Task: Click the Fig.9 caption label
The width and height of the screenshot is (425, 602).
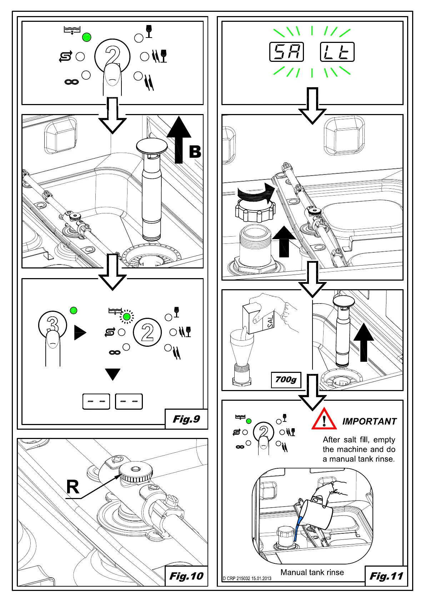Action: pos(186,419)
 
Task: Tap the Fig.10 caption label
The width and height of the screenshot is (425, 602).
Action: pos(186,576)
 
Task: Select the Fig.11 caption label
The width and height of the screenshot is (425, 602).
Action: pos(386,576)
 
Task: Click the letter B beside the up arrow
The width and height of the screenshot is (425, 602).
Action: pos(195,152)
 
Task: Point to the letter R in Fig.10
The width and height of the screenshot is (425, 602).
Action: pos(73,487)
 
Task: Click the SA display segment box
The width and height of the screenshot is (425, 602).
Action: pos(286,52)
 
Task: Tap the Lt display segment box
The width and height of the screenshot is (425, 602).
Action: pos(337,52)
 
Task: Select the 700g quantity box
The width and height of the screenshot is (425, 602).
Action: pos(286,380)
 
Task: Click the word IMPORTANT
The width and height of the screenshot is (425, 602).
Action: pos(369,421)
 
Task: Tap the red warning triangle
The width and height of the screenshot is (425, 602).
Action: pos(324,420)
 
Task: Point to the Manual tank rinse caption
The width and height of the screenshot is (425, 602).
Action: pos(312,572)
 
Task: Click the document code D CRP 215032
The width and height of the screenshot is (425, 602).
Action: pos(247,578)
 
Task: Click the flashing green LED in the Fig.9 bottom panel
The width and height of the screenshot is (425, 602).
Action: pos(126,317)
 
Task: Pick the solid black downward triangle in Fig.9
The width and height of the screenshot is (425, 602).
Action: pos(113,374)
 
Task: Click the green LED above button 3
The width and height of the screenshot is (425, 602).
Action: pos(74,310)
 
